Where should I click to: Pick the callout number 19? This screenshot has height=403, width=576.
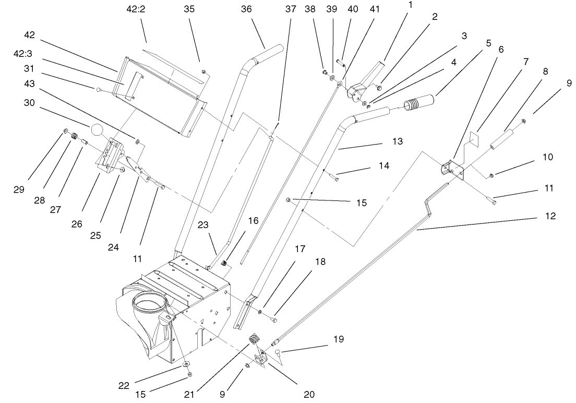[339, 339]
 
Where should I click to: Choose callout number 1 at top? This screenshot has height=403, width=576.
[410, 5]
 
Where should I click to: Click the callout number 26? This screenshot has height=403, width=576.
[77, 224]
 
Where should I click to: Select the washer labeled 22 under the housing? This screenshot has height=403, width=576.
[186, 363]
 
